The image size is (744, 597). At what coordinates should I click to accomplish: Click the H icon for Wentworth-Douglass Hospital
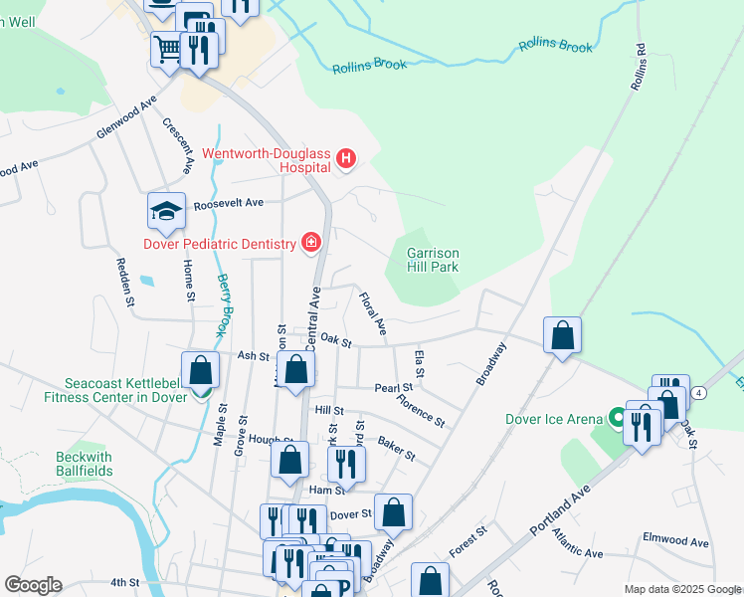coord(345,157)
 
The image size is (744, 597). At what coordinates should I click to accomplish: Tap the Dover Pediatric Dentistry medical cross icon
coord(310,243)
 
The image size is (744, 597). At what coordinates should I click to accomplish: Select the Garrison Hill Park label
coord(433,261)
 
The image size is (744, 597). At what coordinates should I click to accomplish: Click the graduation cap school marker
coord(166,210)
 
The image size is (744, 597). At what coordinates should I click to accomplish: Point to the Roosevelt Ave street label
coord(229,202)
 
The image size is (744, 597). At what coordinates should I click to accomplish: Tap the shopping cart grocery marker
coord(167,48)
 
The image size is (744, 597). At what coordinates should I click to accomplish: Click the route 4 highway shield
coord(700,394)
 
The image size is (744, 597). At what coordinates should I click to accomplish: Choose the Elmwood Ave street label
coord(675,543)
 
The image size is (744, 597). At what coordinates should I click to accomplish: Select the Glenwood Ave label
coord(126,118)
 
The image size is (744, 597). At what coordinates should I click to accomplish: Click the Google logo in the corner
coord(33,585)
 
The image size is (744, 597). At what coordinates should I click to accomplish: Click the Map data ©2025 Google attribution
coord(681,589)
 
